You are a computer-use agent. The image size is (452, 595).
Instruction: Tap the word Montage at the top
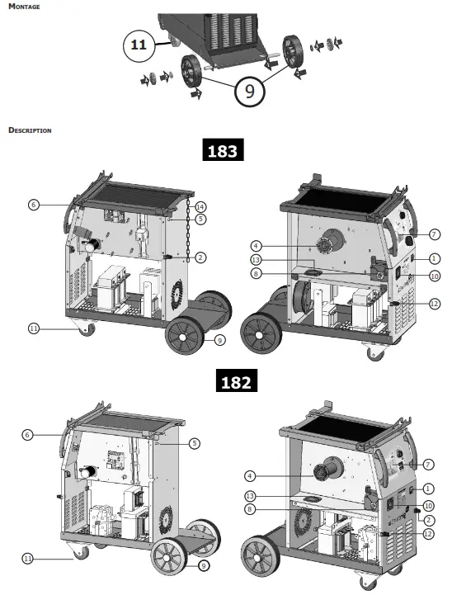[x=23, y=7]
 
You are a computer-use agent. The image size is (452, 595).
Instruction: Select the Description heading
[x=30, y=130]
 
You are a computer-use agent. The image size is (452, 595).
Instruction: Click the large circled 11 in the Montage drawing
[x=139, y=45]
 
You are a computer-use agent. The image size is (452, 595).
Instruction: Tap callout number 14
[x=200, y=205]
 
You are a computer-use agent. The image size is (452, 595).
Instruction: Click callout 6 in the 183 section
[x=33, y=204]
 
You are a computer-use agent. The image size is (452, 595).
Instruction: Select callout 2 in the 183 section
[x=200, y=257]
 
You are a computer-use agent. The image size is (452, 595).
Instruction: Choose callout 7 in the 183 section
[x=435, y=234]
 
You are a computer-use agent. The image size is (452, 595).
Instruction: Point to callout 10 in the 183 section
[x=435, y=276]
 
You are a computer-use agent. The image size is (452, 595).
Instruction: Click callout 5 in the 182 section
[x=195, y=443]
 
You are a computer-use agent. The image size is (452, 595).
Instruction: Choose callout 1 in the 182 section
[x=429, y=489]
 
